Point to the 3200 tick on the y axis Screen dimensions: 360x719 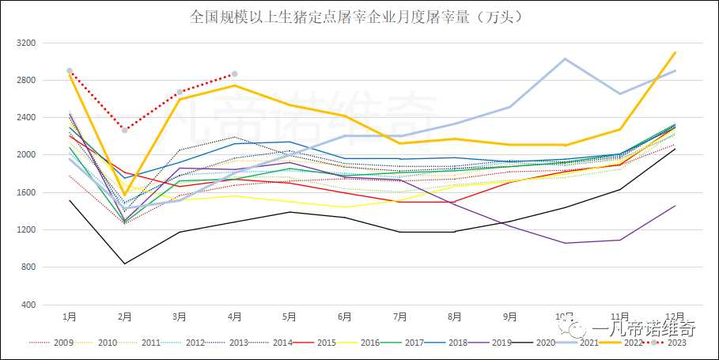26,43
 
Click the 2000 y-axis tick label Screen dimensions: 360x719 26,155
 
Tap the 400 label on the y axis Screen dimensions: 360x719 29,305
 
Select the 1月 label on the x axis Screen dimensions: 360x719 70,316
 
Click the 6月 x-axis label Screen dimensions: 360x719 344,316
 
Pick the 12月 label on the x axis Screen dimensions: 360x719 675,316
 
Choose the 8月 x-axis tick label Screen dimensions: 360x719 454,316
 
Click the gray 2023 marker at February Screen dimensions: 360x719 124,130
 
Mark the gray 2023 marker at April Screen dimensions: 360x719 234,74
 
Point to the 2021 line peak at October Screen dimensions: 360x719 565,59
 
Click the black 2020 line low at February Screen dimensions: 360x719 124,263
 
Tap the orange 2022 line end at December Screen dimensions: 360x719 675,52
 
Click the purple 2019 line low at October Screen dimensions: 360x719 565,243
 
